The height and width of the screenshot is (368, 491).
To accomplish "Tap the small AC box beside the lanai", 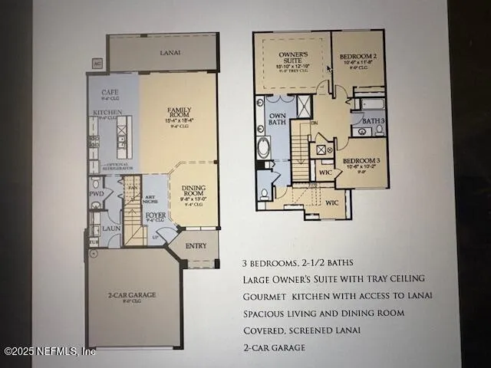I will (x=97, y=64).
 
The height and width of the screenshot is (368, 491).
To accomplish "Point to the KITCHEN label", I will (x=107, y=113).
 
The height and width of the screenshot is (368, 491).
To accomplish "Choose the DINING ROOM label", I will (x=193, y=192).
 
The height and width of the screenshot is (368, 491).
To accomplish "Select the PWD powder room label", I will (x=96, y=194).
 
